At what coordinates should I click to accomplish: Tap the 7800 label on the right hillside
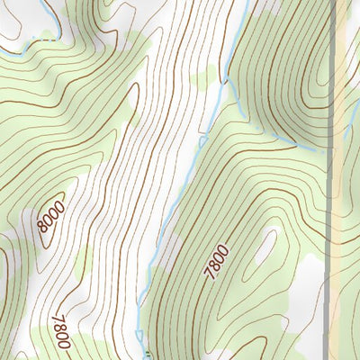click(x=216, y=262)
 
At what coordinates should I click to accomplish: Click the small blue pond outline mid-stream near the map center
click(x=202, y=140)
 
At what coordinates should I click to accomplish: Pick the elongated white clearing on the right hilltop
click(x=265, y=245)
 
